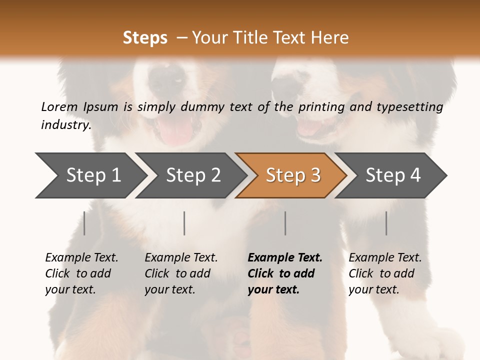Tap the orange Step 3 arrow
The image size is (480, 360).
(x=293, y=175)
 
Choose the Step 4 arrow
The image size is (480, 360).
(x=393, y=175)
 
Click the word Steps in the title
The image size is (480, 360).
(x=145, y=37)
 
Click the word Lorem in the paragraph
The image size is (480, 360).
(x=59, y=106)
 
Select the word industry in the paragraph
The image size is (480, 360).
(x=65, y=124)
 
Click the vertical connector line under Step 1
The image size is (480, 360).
(x=84, y=223)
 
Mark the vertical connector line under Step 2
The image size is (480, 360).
(x=184, y=223)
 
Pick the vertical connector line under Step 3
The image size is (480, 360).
(x=285, y=223)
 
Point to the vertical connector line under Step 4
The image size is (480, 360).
(x=386, y=223)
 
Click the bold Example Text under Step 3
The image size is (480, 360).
(x=285, y=258)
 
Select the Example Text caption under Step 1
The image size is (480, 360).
(x=81, y=258)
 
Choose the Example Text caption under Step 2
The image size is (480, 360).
(x=181, y=258)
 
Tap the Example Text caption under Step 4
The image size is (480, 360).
(x=385, y=258)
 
